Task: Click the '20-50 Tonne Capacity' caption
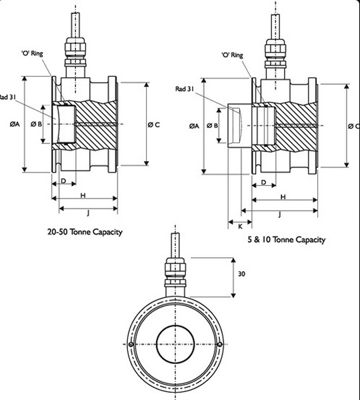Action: [x=85, y=233]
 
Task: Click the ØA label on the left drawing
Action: [x=15, y=124]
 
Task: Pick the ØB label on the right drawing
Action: [x=213, y=125]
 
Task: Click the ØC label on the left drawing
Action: [x=153, y=125]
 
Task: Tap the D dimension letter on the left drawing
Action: [x=63, y=181]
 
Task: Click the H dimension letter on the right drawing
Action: [x=283, y=197]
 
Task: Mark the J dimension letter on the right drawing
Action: [x=279, y=214]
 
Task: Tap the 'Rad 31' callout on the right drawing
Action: [x=185, y=89]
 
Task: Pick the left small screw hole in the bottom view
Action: [x=133, y=343]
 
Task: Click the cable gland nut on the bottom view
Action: [x=177, y=273]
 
